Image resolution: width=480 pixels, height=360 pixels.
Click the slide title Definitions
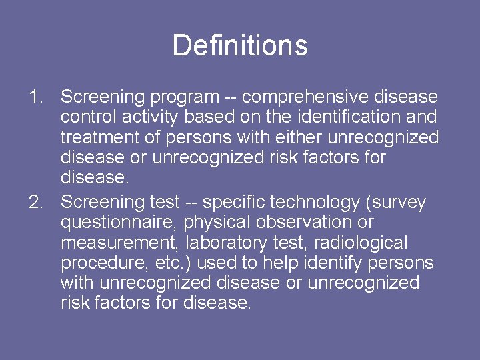point(240,46)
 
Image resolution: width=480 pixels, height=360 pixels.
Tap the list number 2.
point(36,201)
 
